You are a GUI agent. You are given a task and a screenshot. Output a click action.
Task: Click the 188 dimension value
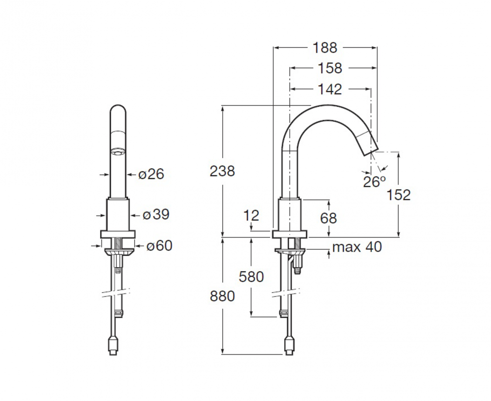point(325,48)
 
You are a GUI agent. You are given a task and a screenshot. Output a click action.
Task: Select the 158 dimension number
point(330,68)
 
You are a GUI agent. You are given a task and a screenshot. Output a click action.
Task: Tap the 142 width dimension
point(330,89)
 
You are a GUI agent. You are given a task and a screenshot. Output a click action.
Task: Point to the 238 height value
point(222,171)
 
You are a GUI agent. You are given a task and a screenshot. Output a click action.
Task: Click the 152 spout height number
point(398,195)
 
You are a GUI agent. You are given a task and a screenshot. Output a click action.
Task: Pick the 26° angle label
point(374,181)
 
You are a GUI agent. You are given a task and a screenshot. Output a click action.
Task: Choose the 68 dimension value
point(328,218)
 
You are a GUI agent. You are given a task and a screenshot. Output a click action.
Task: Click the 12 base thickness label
point(251,216)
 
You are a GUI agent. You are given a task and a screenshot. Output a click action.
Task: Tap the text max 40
point(357,247)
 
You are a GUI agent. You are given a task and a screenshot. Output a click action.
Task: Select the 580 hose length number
point(251,277)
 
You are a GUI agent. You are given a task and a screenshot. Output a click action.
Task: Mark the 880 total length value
point(222,296)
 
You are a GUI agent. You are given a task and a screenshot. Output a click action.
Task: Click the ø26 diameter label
point(151,174)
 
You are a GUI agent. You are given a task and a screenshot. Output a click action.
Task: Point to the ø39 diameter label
point(156,215)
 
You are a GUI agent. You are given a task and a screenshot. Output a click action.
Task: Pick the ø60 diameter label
point(159,246)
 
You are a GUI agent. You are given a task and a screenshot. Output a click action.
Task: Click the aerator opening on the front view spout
point(118,152)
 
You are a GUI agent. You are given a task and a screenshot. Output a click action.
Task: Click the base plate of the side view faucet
point(290,234)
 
